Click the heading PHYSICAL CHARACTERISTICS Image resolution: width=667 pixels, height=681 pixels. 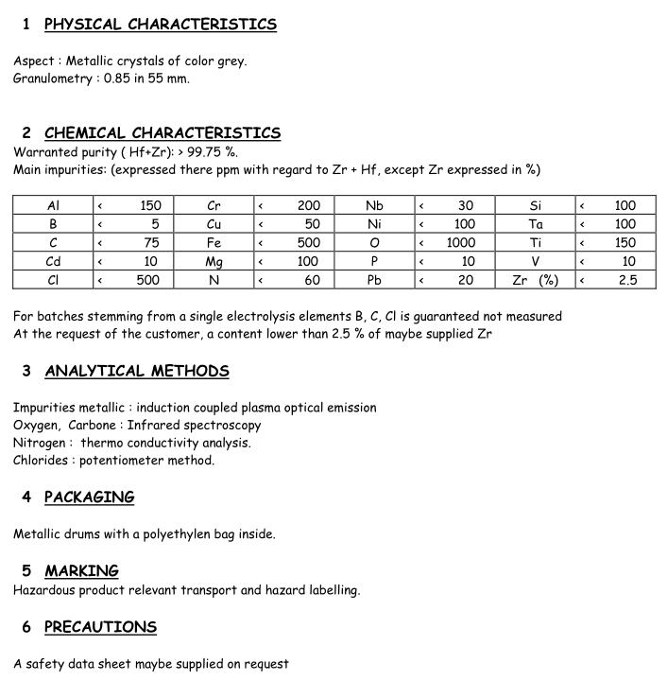point(161,25)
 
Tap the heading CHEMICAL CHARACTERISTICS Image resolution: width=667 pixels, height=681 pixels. point(162,133)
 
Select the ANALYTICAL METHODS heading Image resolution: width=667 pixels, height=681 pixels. point(137,371)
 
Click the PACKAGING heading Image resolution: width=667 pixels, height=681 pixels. point(90,498)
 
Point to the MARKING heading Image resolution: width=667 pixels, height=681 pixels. point(82,571)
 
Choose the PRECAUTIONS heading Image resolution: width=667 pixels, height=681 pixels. point(100,627)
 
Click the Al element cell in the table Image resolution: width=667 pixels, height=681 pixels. point(53,205)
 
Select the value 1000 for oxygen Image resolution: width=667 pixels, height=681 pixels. point(461,242)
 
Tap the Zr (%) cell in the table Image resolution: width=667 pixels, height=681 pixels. point(535,280)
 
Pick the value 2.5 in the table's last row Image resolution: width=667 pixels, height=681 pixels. point(627,280)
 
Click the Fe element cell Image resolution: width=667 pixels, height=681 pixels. point(214,242)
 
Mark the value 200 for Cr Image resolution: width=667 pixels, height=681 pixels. point(308,205)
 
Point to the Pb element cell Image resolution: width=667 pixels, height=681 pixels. point(374,280)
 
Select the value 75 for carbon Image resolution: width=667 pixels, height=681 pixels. point(151,242)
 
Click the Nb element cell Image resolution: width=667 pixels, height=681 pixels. point(374,205)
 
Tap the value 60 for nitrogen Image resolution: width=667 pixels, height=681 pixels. point(312,280)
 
